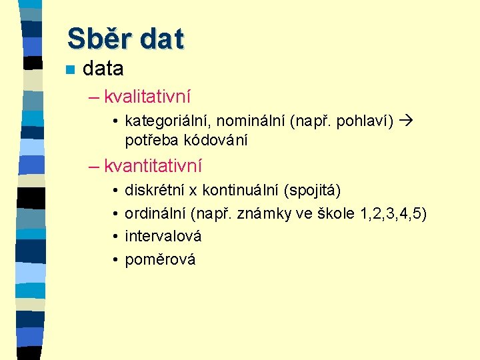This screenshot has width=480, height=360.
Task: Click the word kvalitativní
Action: point(147,97)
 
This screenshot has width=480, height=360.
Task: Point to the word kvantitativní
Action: point(153,165)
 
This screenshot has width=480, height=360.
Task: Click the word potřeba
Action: point(150,140)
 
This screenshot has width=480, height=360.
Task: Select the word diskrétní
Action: point(155,191)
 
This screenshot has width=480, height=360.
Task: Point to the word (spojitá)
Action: point(312,191)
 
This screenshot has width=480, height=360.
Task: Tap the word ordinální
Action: point(155,214)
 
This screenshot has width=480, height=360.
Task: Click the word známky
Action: point(277,214)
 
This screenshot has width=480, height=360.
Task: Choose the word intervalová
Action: point(163,236)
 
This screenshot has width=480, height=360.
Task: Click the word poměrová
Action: point(160,259)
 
